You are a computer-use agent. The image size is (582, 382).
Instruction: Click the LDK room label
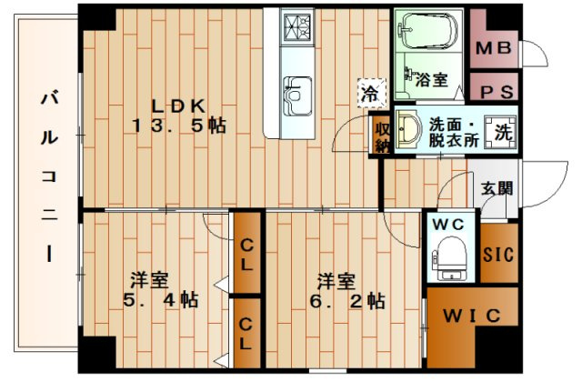coord(178,107)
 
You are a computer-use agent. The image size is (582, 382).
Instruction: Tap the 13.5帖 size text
coord(179,126)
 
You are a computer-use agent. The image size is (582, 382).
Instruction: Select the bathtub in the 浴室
coord(428,31)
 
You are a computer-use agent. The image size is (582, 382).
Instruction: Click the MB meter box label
coord(494,48)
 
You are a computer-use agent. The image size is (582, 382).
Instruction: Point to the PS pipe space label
coord(497,92)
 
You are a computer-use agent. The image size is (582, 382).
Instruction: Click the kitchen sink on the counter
coord(297,96)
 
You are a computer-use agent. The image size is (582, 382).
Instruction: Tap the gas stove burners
coord(297,26)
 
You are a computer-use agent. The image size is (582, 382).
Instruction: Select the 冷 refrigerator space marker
coord(372,93)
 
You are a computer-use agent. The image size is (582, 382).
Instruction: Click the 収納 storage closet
coord(382,136)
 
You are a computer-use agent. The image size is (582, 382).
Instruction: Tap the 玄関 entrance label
coord(497,188)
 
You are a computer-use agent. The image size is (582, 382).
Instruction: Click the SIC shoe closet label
coord(498,255)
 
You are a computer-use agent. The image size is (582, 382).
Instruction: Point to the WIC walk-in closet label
coord(472,317)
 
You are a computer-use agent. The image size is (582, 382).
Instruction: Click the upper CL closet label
coord(246,255)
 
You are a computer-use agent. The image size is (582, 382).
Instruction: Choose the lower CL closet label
coord(246,334)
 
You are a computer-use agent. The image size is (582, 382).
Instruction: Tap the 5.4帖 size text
coord(160,300)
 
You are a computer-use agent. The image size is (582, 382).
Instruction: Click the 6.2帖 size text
coord(347,301)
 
